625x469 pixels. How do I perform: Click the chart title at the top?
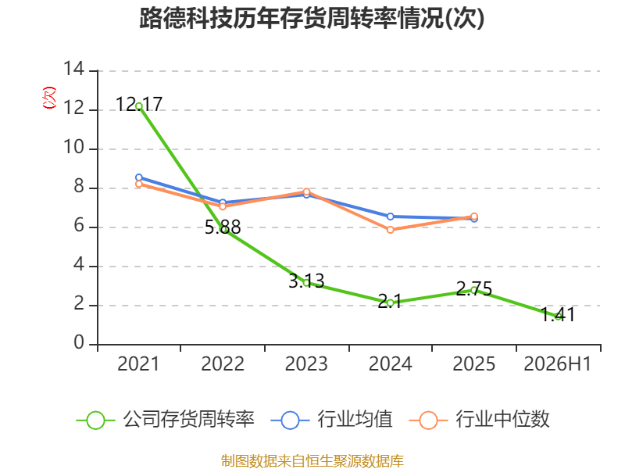click(x=312, y=18)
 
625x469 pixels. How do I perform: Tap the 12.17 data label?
click(x=139, y=104)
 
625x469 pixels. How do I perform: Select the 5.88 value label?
click(x=223, y=227)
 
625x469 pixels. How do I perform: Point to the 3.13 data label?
click(x=306, y=281)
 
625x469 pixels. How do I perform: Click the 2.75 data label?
click(x=474, y=288)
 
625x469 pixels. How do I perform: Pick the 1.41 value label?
click(x=558, y=314)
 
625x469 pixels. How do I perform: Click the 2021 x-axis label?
click(x=138, y=363)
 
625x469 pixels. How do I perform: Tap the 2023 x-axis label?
click(x=306, y=363)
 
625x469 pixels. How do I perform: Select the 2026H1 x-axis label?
click(x=557, y=363)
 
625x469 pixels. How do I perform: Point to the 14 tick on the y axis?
click(x=74, y=69)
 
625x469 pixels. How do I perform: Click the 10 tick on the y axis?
click(x=74, y=147)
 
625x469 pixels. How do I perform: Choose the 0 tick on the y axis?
click(x=79, y=342)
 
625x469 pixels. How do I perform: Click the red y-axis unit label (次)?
click(x=49, y=98)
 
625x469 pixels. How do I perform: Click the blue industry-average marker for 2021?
click(x=139, y=177)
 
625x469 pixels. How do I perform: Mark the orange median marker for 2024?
click(x=390, y=230)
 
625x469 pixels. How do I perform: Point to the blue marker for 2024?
click(x=390, y=217)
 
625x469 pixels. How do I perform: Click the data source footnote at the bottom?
click(x=312, y=461)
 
